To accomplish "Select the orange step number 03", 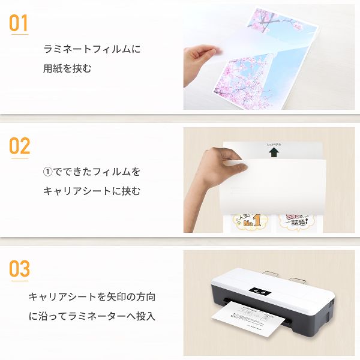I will click(19, 268).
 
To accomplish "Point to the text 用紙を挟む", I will click(68, 68).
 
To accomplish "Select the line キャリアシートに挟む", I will click(91, 191).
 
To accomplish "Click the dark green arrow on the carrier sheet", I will click(274, 153).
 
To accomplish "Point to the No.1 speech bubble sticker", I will click(249, 223).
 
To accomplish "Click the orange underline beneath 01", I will click(19, 34).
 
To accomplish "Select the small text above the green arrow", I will click(274, 145).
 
